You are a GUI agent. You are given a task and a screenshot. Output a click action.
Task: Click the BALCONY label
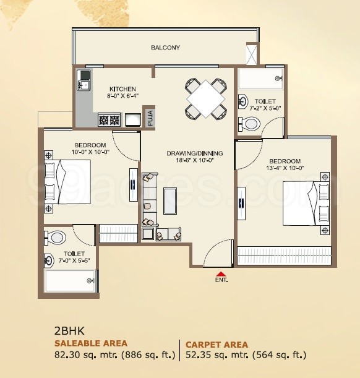(165, 48)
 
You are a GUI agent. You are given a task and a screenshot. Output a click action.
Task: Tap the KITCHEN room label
(122, 89)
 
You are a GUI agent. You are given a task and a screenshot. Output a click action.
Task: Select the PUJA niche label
(150, 118)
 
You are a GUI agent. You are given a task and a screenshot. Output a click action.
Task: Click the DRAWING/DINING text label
(195, 153)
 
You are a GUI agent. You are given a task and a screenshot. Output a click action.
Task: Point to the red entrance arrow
(220, 273)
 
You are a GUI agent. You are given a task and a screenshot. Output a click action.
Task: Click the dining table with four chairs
(205, 98)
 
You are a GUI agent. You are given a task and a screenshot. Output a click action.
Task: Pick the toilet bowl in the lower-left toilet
(56, 237)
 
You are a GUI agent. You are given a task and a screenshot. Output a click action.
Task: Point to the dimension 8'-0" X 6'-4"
(122, 97)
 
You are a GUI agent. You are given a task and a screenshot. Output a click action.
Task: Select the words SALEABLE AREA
(91, 343)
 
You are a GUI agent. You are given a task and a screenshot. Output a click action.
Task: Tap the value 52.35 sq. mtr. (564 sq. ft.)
(246, 355)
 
